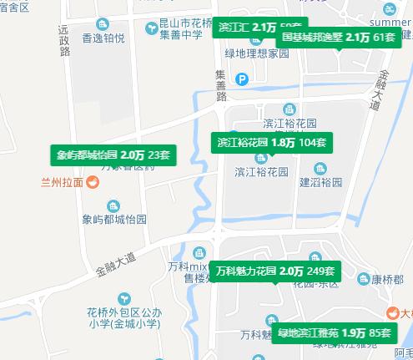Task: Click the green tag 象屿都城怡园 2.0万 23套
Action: tap(113, 155)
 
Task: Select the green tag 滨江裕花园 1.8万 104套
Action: tap(270, 142)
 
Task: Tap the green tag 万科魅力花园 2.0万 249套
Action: tap(274, 271)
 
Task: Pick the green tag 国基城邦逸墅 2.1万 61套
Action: tap(337, 38)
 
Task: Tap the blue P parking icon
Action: tap(242, 79)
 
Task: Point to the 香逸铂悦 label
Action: tap(103, 38)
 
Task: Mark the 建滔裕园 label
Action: tap(317, 180)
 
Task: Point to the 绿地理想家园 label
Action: tap(256, 53)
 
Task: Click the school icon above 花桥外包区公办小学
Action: tap(123, 297)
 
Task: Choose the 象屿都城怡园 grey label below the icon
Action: tap(114, 220)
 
